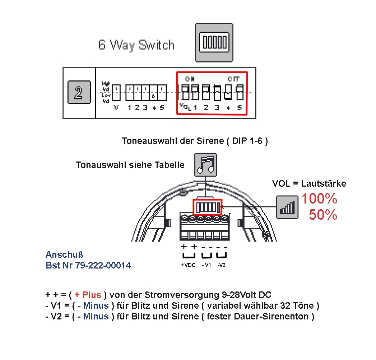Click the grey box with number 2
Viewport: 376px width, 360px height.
(79, 92)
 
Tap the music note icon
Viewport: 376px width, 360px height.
(205, 165)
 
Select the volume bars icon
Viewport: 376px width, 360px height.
(287, 207)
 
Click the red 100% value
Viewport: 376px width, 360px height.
(319, 198)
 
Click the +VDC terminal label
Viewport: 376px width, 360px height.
(188, 265)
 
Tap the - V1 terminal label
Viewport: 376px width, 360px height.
(206, 265)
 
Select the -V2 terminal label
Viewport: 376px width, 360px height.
(222, 265)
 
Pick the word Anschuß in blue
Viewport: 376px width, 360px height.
(64, 255)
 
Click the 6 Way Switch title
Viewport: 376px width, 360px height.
(136, 45)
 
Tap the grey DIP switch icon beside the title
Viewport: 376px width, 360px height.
(214, 42)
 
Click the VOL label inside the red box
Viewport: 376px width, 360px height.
(184, 107)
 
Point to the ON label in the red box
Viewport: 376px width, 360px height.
(190, 79)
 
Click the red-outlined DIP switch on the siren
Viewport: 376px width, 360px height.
(208, 207)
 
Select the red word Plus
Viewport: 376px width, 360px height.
(92, 295)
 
